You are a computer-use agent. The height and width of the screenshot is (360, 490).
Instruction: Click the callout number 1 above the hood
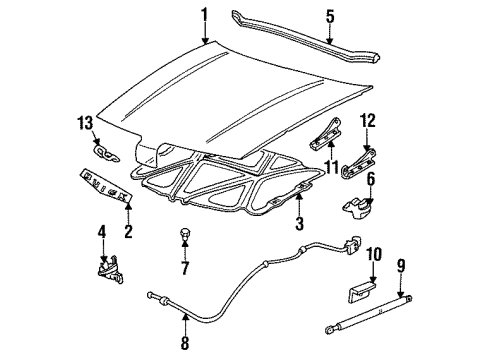204,15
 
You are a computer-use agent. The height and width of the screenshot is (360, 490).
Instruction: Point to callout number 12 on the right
368,122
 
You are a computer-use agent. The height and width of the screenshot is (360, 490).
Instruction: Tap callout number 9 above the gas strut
403,266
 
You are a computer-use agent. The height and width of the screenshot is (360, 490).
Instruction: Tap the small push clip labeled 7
183,235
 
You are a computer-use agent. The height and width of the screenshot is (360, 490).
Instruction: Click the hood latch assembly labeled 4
104,270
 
